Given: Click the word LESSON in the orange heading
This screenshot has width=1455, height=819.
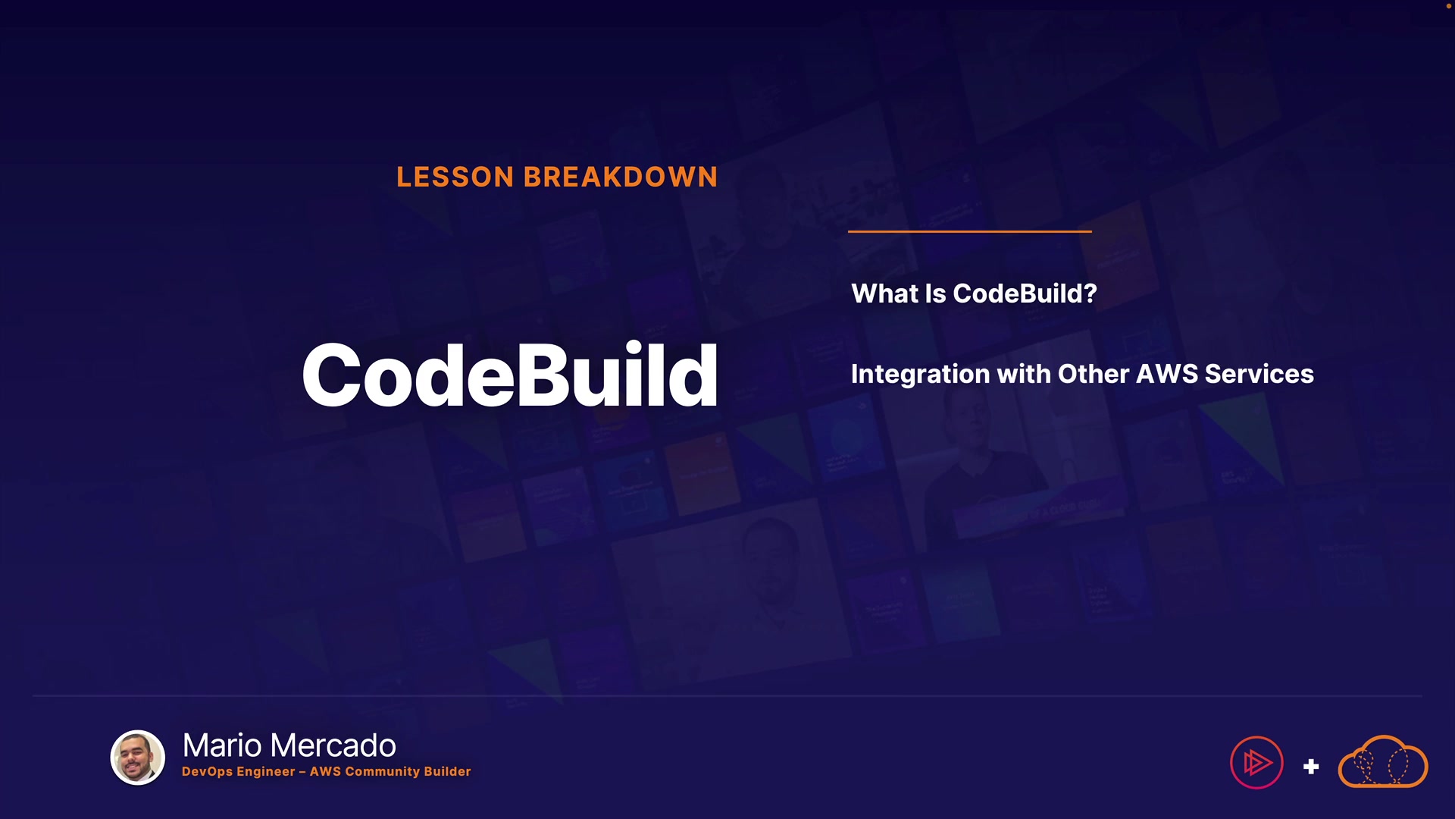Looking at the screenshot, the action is [455, 177].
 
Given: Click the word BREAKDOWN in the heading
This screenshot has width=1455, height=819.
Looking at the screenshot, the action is [621, 177].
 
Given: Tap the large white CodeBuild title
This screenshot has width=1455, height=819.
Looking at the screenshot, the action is [510, 375].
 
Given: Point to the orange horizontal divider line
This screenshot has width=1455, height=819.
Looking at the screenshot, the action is [970, 231].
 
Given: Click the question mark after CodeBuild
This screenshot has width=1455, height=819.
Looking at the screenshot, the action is [1090, 293].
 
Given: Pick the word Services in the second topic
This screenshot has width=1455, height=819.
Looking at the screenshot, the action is [1259, 374].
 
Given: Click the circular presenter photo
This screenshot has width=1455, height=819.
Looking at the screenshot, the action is [138, 757].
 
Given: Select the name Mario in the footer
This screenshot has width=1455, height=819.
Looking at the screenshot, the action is [223, 745].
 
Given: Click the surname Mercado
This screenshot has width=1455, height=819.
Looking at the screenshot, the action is [333, 745].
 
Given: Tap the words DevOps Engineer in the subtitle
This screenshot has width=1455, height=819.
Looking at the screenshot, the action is [239, 771].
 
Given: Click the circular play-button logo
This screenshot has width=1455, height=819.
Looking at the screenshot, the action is [1256, 763].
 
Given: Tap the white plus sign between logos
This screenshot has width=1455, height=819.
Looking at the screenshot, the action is [1311, 767].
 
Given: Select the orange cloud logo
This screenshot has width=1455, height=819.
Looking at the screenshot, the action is [1383, 761].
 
